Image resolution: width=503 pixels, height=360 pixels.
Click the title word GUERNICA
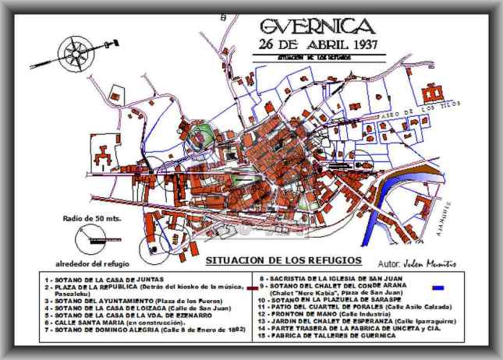tap(321, 26)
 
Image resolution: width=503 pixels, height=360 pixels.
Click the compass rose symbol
tap(78, 52)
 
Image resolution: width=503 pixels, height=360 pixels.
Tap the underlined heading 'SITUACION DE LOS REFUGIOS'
tap(284, 259)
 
